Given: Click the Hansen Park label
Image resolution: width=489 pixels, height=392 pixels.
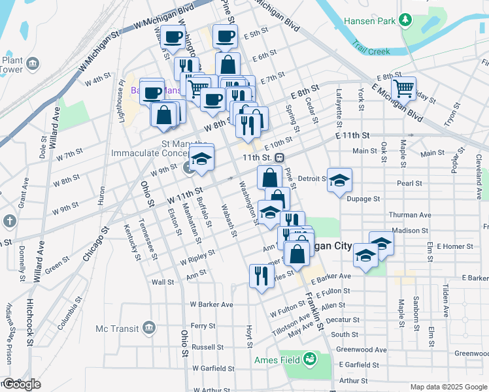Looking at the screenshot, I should pos(370,21).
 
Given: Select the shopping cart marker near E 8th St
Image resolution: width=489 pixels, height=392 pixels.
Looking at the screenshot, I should pos(404,88).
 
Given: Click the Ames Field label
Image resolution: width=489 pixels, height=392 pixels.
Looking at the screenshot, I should pos(277,359).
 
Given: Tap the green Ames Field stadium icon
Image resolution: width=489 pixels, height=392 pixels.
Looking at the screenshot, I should pos(309,359).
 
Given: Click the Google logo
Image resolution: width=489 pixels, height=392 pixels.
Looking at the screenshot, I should pos(21,385).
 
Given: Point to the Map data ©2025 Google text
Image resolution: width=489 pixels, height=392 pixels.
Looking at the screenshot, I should pos(448,387).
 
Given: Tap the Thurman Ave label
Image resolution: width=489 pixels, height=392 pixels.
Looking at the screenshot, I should pos(411,214).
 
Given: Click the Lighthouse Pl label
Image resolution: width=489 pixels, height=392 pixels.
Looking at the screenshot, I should pos(122,95).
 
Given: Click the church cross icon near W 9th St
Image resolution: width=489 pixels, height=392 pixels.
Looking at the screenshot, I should pos(9,220).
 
